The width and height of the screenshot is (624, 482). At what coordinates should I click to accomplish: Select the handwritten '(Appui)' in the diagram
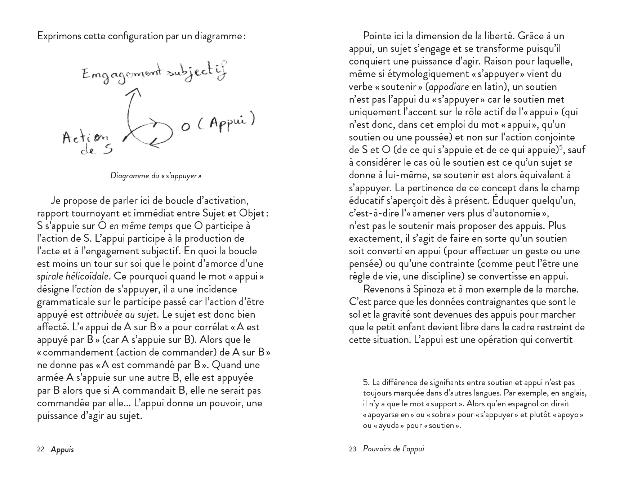point(227,122)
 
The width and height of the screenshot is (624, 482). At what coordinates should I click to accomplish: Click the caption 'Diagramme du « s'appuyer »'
point(156,176)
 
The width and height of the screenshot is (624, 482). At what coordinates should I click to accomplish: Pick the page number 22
point(41,449)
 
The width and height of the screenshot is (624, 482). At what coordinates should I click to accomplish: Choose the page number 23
point(353,449)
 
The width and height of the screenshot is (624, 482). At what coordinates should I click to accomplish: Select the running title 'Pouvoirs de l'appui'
point(393,449)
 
